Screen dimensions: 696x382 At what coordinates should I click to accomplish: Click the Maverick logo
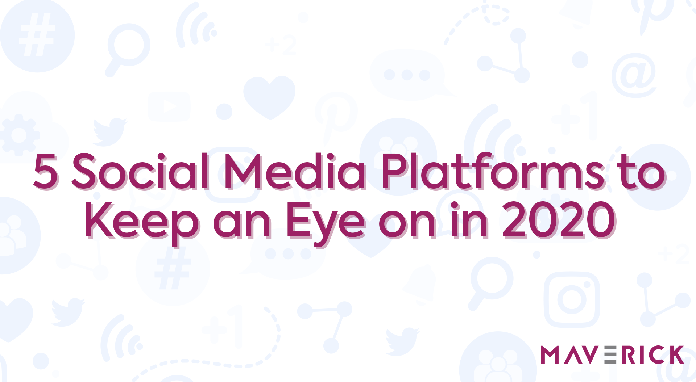click(x=613, y=354)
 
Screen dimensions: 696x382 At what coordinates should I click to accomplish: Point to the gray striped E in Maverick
click(x=610, y=354)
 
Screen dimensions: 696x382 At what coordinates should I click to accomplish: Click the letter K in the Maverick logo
click(x=675, y=354)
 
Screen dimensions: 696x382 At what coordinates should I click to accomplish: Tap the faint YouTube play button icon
click(x=169, y=106)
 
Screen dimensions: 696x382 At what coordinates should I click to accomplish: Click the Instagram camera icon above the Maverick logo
click(x=572, y=299)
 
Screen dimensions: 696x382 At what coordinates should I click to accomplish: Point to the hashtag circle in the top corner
click(x=37, y=35)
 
